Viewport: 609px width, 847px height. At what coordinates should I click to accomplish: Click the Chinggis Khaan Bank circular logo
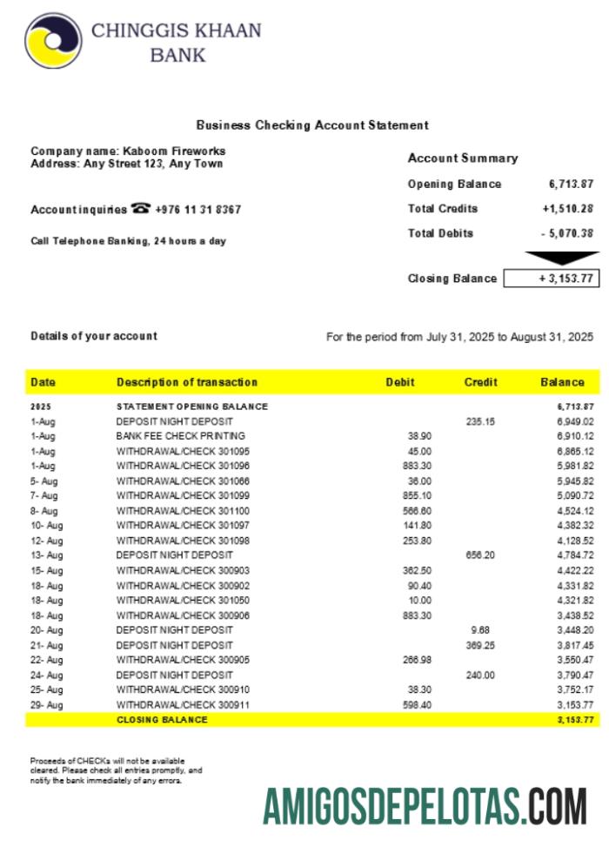click(x=53, y=41)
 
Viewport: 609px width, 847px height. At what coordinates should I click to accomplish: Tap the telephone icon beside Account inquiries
click(x=141, y=209)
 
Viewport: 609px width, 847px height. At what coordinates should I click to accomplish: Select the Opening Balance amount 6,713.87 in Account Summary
click(x=571, y=184)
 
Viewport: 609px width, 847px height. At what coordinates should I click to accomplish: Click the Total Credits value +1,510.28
click(x=567, y=209)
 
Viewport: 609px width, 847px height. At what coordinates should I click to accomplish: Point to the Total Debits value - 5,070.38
click(x=567, y=233)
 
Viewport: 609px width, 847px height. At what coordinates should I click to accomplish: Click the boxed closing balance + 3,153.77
click(x=552, y=279)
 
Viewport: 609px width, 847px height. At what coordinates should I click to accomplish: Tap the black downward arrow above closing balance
click(x=562, y=258)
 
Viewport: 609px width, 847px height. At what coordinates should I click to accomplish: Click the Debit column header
click(x=400, y=382)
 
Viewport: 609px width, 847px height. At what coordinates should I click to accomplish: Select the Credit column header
click(x=481, y=382)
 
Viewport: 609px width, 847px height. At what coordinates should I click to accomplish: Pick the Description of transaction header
click(x=187, y=382)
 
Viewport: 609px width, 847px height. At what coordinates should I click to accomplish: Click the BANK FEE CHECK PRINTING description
click(x=181, y=435)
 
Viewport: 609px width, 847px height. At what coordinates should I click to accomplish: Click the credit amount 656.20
click(x=479, y=555)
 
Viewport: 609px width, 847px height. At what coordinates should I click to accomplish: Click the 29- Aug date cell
click(x=46, y=705)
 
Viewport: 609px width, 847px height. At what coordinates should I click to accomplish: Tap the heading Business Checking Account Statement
click(x=312, y=125)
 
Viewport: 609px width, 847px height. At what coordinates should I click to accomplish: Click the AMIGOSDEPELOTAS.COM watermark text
click(x=425, y=806)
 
